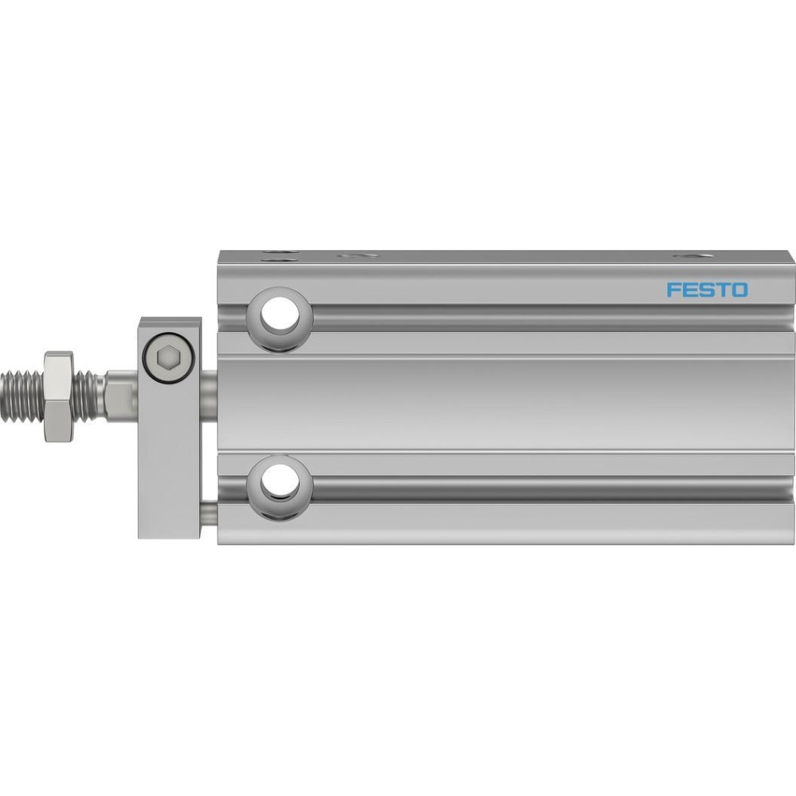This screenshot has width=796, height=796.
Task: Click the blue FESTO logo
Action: pyautogui.click(x=707, y=291)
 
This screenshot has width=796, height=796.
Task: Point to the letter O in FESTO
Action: pyautogui.click(x=740, y=291)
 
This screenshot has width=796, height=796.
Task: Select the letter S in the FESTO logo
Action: pyautogui.click(x=705, y=291)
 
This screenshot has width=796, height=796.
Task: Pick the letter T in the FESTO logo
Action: pyautogui.click(x=723, y=291)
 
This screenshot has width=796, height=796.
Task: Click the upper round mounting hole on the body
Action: pyautogui.click(x=279, y=319)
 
